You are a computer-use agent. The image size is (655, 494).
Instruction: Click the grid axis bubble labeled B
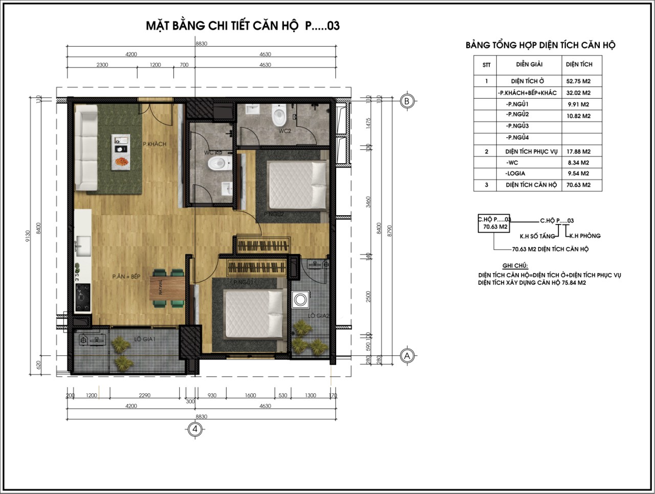click(407, 101)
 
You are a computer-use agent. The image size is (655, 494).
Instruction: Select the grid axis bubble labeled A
click(407, 356)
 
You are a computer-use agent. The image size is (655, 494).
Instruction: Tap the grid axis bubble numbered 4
click(194, 429)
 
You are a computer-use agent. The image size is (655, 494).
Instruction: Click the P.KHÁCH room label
click(155, 144)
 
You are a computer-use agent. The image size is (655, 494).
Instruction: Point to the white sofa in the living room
click(86, 148)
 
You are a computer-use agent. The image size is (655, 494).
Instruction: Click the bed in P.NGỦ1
click(254, 313)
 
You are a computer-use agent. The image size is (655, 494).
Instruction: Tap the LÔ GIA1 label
click(144, 340)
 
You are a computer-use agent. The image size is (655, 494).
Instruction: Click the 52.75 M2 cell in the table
click(578, 81)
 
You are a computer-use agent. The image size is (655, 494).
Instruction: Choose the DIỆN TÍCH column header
click(579, 64)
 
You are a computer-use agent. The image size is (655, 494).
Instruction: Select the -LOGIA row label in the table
click(515, 173)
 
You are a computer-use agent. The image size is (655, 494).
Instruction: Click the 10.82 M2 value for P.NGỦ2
click(578, 116)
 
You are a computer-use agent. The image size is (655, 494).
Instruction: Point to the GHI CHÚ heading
click(515, 266)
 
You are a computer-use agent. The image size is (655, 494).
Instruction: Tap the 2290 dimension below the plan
click(144, 395)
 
